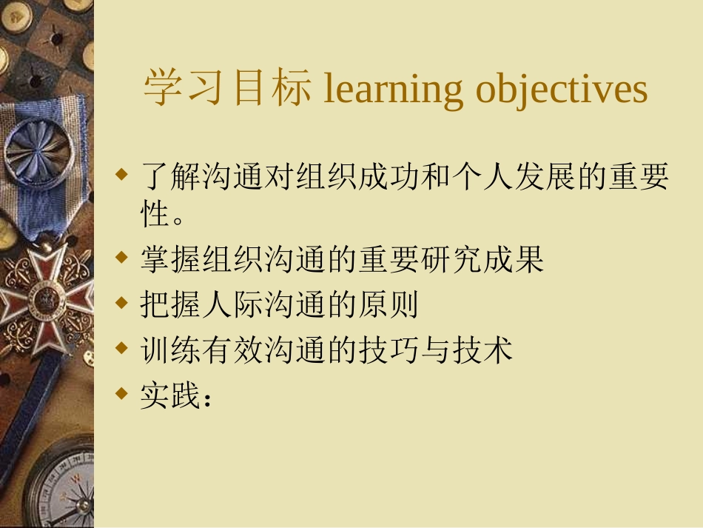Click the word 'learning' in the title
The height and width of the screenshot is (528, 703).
392,89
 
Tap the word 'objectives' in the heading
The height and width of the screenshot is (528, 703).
562,89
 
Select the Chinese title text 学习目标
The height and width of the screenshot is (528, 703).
227,87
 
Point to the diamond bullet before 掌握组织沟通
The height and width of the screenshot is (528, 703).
121,257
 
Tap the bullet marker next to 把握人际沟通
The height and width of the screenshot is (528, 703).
121,302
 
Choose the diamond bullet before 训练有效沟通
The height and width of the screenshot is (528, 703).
121,347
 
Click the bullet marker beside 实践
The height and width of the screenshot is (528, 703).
121,393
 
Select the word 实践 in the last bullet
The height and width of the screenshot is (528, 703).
170,395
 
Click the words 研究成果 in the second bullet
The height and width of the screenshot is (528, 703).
482,259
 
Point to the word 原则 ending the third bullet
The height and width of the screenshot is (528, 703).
388,304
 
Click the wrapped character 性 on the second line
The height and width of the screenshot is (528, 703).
155,213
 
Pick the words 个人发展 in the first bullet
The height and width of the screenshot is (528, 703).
514,176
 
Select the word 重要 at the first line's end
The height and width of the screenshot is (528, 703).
639,176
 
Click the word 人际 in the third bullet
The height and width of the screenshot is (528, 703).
233,304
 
